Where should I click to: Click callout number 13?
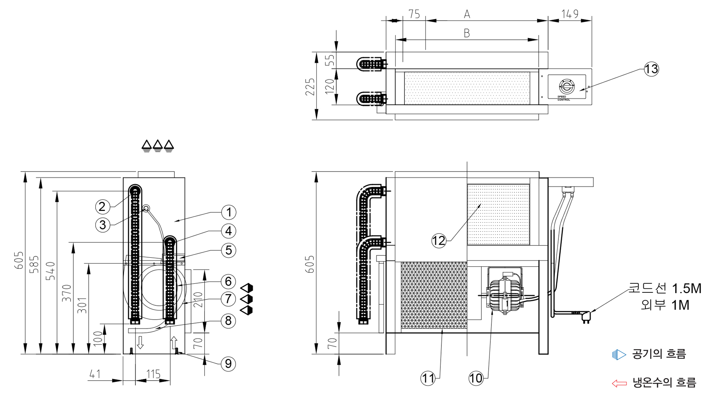(x=651, y=69)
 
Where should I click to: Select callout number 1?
(x=228, y=212)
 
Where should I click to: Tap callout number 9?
(x=228, y=364)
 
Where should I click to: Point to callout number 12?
(x=439, y=240)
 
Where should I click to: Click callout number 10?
(x=476, y=378)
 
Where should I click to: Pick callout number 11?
(x=428, y=378)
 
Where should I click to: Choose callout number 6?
(x=228, y=281)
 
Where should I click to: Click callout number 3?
(x=103, y=225)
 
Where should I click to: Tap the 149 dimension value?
(x=570, y=14)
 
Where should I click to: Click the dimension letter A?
(x=467, y=14)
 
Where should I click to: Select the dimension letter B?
(x=467, y=33)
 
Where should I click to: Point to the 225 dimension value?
(x=310, y=87)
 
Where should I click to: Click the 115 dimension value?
(x=153, y=374)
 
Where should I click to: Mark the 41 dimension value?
(x=95, y=374)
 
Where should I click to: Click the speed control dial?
(x=567, y=86)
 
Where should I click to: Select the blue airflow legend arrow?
(x=619, y=355)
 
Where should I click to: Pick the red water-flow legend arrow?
(x=619, y=383)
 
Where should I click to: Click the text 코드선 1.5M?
(x=665, y=288)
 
